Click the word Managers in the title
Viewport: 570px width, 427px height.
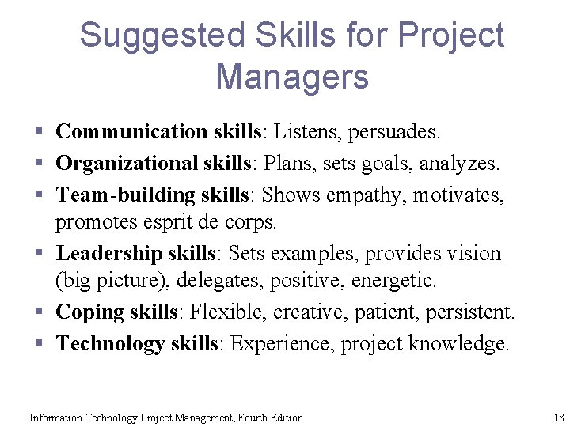coord(292,77)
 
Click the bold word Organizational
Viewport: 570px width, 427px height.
coord(126,163)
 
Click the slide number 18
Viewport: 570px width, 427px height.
coord(557,418)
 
